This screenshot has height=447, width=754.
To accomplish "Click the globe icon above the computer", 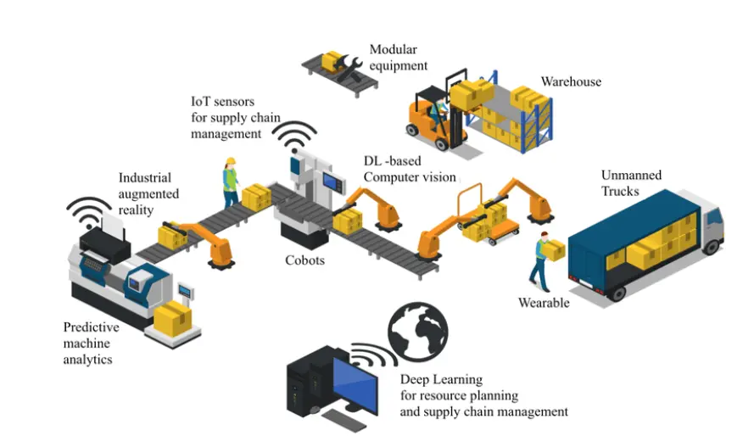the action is (418, 332).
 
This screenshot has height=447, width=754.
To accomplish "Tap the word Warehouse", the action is (571, 81).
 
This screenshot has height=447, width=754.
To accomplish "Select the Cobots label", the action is (304, 260).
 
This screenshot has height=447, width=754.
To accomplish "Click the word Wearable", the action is (544, 302).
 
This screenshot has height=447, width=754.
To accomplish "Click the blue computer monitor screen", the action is (355, 385).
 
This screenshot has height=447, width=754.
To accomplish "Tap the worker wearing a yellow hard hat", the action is (231, 182).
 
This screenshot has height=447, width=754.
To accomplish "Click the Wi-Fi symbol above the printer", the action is (88, 211).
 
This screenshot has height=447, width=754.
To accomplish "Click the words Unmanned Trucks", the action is (631, 183).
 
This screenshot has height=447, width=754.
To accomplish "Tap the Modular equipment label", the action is (398, 58).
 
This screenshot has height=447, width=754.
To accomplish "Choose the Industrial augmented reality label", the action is (148, 193).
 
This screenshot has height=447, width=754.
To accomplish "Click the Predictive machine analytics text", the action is (92, 344).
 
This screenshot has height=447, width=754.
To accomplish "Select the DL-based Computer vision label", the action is (410, 169).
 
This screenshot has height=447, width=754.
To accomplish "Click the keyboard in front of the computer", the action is (343, 421).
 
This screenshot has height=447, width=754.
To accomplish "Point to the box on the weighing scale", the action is (173, 319).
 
